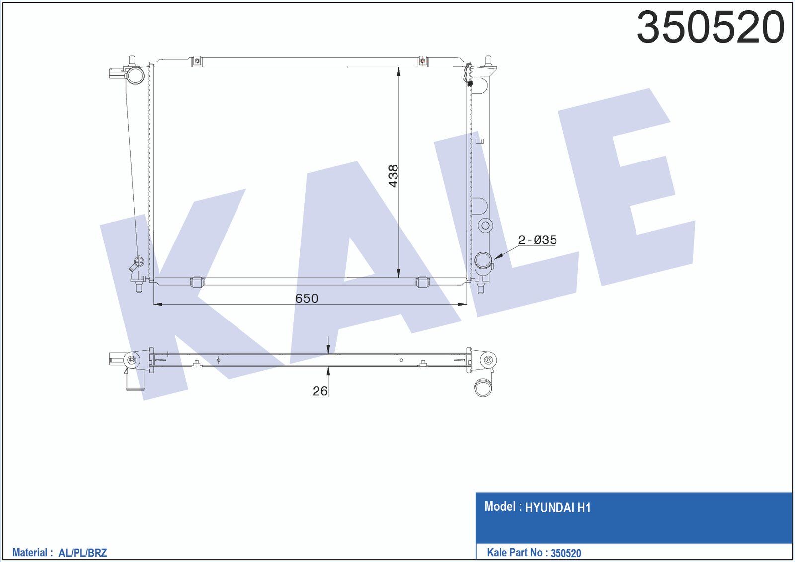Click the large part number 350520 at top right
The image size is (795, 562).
pyautogui.click(x=711, y=28)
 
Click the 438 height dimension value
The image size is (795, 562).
pyautogui.click(x=393, y=176)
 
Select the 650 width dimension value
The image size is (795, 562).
pyautogui.click(x=307, y=298)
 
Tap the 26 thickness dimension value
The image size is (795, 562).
pyautogui.click(x=320, y=391)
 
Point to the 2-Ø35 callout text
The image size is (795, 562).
pyautogui.click(x=537, y=240)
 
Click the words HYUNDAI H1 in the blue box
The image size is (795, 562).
pyautogui.click(x=557, y=508)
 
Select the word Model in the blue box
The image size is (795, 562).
pyautogui.click(x=500, y=507)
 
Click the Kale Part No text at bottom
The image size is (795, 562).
pyautogui.click(x=515, y=552)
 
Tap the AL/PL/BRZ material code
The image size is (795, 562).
pyautogui.click(x=82, y=552)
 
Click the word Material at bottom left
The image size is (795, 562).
pyautogui.click(x=29, y=552)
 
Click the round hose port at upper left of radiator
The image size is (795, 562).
pyautogui.click(x=135, y=76)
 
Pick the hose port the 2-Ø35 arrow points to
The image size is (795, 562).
pyautogui.click(x=483, y=260)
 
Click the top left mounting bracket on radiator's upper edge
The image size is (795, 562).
pyautogui.click(x=197, y=61)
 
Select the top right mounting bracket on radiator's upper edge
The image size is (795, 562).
pyautogui.click(x=422, y=61)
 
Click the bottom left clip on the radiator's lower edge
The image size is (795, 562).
pyautogui.click(x=197, y=282)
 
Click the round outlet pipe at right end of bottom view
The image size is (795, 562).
pyautogui.click(x=482, y=388)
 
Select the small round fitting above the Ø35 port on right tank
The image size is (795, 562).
pyautogui.click(x=485, y=226)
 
